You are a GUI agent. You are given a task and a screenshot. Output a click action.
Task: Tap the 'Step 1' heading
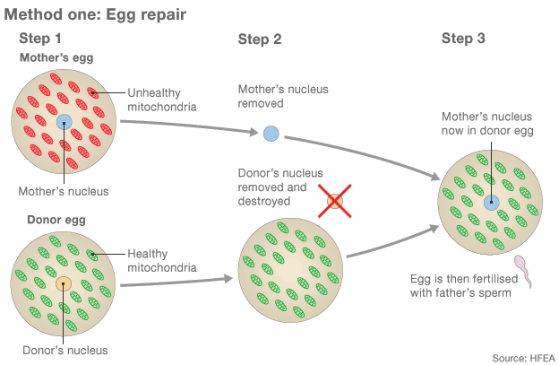point(40,39)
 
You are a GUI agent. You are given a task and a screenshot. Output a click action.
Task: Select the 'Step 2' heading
point(260,39)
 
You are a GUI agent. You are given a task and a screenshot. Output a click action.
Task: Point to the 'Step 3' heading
point(463,39)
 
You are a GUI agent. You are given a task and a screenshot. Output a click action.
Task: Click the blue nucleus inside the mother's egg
point(64,122)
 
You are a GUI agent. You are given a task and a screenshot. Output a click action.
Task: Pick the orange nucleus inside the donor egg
point(64,284)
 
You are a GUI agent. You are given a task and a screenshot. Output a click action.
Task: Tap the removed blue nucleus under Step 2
point(271,135)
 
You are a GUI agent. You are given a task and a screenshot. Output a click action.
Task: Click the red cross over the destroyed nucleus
point(334,201)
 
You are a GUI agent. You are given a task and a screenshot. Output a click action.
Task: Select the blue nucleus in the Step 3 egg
point(491,203)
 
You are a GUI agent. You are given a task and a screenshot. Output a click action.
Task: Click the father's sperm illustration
point(522,269)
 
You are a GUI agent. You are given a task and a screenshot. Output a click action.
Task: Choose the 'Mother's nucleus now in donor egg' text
point(487,123)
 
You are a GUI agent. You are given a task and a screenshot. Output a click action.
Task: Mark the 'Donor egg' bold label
point(45,220)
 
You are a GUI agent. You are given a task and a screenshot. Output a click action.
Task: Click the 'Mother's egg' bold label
point(56,58)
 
